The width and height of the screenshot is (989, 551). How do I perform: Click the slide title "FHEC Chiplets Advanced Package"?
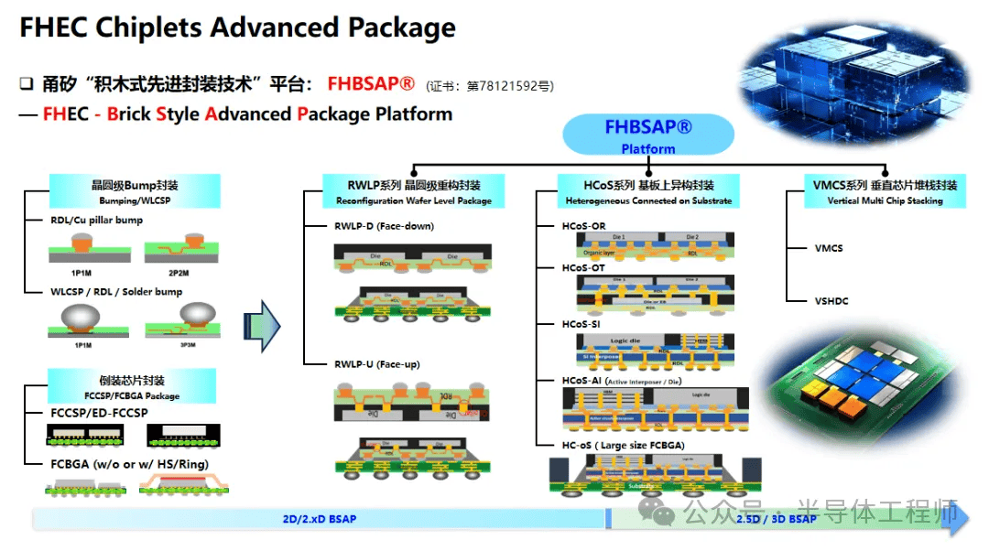click(237, 27)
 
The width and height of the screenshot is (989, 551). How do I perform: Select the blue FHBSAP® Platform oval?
click(647, 135)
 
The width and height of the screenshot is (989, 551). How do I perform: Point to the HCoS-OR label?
click(583, 226)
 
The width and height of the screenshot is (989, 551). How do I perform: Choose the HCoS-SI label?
click(581, 324)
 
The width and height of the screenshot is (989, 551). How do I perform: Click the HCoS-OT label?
click(583, 268)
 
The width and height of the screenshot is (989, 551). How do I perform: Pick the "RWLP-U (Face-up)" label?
click(376, 364)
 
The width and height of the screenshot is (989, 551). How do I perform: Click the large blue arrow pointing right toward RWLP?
click(262, 326)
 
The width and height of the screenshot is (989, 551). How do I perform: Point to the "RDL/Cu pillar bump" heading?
click(97, 221)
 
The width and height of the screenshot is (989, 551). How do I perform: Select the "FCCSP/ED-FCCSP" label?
click(99, 413)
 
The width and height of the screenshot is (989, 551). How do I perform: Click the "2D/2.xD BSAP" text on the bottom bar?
click(319, 520)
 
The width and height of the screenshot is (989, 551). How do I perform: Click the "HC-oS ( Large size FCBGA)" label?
click(623, 446)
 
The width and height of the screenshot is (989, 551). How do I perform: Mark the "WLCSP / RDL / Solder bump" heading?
click(116, 292)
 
